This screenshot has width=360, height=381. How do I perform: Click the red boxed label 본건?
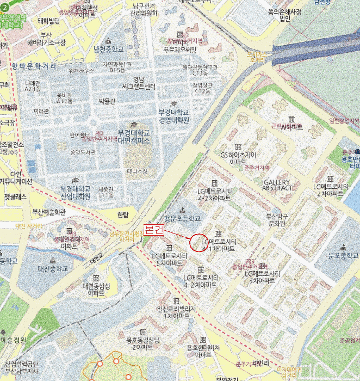pos(153,229)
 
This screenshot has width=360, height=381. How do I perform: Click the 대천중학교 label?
pos(53,268)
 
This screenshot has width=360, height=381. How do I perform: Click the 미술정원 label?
pos(13,340)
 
